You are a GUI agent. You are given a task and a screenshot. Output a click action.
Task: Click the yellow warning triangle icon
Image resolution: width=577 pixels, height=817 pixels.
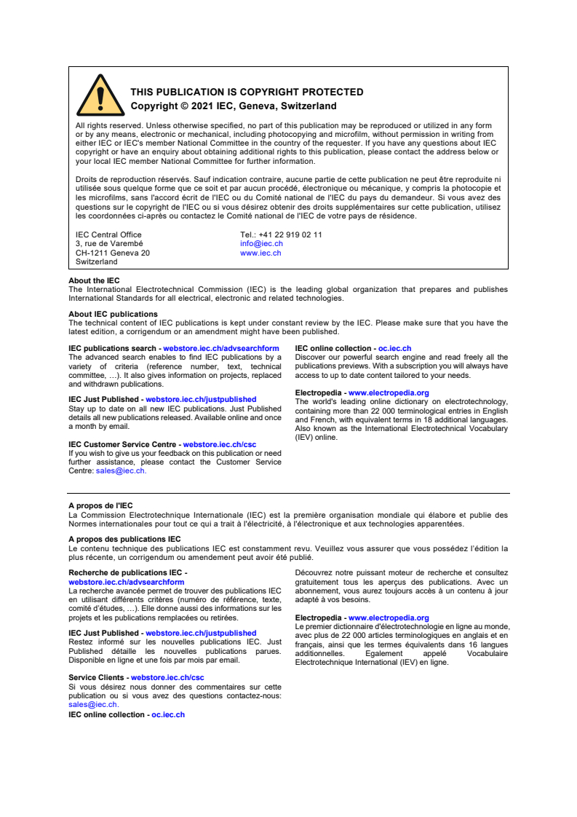[x=100, y=96]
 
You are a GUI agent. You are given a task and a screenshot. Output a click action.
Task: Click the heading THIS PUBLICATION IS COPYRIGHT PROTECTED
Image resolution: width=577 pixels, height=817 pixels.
[x=247, y=92]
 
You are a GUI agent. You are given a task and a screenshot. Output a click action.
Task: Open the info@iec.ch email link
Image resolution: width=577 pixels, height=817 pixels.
[x=261, y=244]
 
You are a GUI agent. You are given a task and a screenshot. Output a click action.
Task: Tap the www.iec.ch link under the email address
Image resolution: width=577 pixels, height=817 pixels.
[x=260, y=253]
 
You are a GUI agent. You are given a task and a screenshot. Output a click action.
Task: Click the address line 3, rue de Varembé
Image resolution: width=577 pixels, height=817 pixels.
[x=109, y=244]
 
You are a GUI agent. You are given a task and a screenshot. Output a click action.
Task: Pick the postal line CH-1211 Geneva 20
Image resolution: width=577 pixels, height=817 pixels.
[x=113, y=253]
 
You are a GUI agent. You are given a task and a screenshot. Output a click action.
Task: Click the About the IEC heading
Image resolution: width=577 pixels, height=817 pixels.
[x=94, y=280]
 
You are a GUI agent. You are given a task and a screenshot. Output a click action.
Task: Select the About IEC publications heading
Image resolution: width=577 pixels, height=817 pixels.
[x=113, y=315]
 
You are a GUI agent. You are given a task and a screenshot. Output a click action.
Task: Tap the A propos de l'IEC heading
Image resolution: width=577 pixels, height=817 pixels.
[x=100, y=505]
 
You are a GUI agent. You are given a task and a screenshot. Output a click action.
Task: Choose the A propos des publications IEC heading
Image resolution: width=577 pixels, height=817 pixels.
[x=124, y=540]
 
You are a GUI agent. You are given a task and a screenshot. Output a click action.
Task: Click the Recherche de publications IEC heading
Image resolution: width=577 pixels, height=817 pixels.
[x=127, y=574]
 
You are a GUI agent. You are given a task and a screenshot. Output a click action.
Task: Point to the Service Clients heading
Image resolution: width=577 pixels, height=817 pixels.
[x=98, y=678]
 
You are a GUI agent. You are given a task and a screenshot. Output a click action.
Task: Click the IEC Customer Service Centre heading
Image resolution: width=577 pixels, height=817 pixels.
[x=122, y=444]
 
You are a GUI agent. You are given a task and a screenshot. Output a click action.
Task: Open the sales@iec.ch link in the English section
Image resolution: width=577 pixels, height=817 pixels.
[x=120, y=471]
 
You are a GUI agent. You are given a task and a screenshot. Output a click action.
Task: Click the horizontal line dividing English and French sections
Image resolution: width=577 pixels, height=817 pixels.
[x=289, y=493]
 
